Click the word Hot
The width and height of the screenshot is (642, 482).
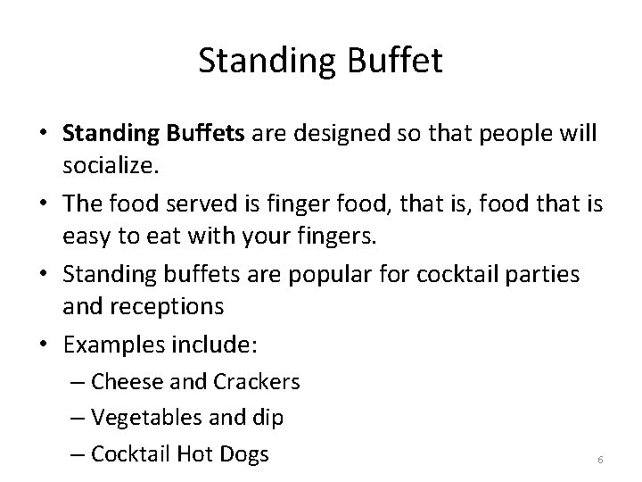point(190,453)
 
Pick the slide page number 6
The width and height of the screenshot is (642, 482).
point(600,459)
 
